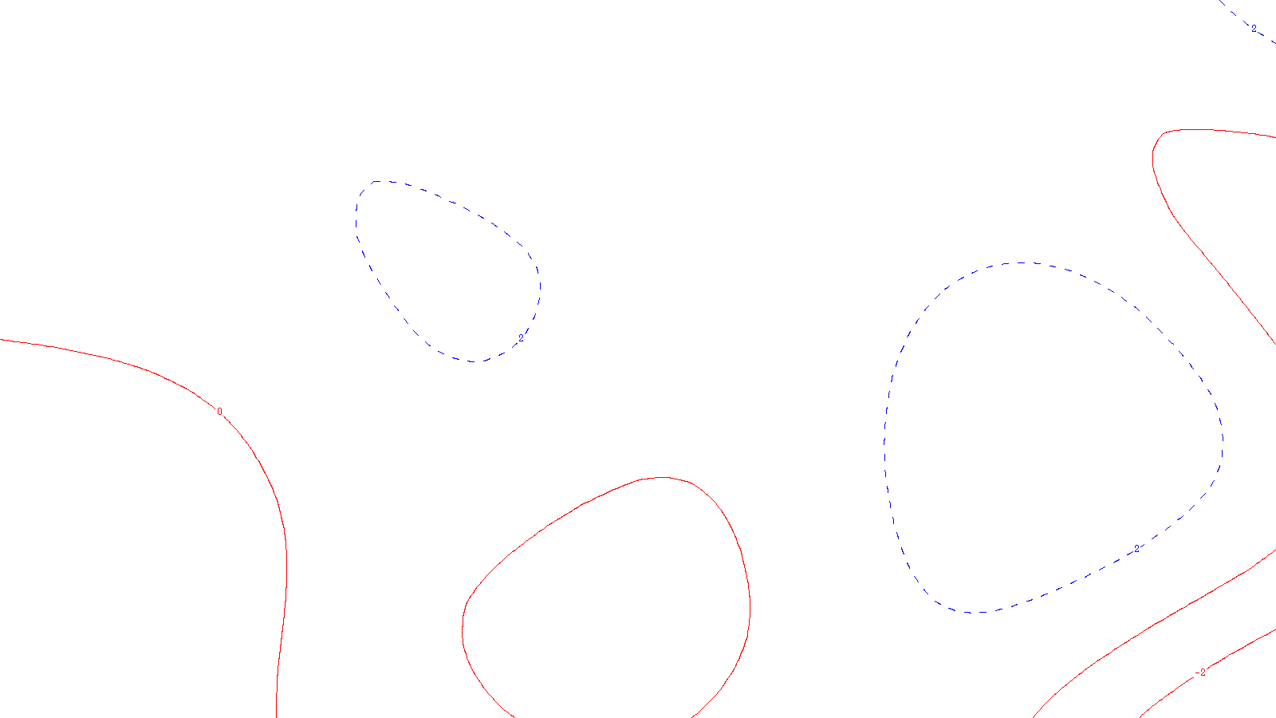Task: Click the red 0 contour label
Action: pyautogui.click(x=219, y=412)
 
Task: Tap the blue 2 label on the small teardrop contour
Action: pyautogui.click(x=521, y=338)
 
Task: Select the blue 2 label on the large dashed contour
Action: pyautogui.click(x=1136, y=547)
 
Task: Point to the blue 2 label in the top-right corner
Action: pyautogui.click(x=1254, y=29)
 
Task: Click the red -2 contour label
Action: pyautogui.click(x=1202, y=673)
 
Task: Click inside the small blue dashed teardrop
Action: pyautogui.click(x=447, y=271)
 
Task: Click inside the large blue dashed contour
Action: pyautogui.click(x=1053, y=439)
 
